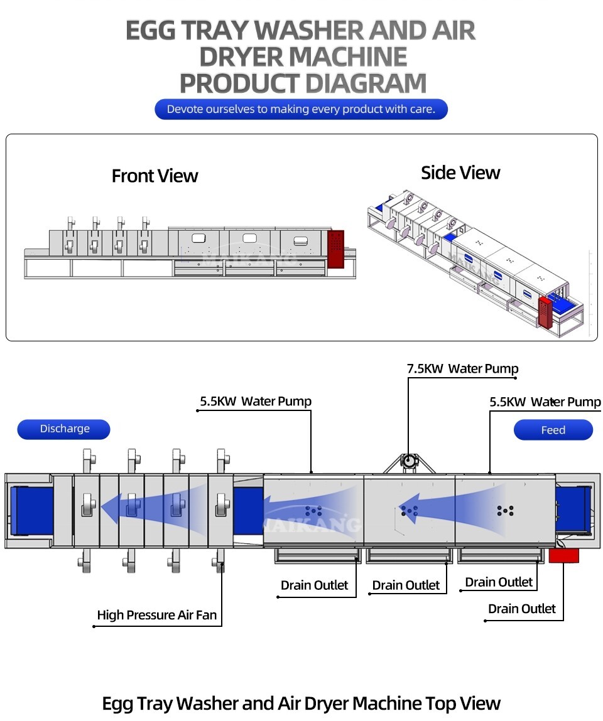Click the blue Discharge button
(x=63, y=429)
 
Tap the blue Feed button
(x=553, y=430)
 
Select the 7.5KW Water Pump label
(x=462, y=369)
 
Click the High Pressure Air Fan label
(x=156, y=615)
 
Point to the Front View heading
(x=155, y=176)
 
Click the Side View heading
(x=460, y=173)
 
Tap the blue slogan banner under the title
(x=301, y=109)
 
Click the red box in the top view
(x=563, y=555)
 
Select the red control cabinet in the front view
(x=336, y=249)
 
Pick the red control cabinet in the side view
(x=544, y=312)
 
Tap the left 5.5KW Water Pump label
(x=256, y=402)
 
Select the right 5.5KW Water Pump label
(x=545, y=402)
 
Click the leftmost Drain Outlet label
(x=314, y=585)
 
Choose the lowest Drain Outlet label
(x=521, y=609)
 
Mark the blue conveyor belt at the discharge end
(x=31, y=510)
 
